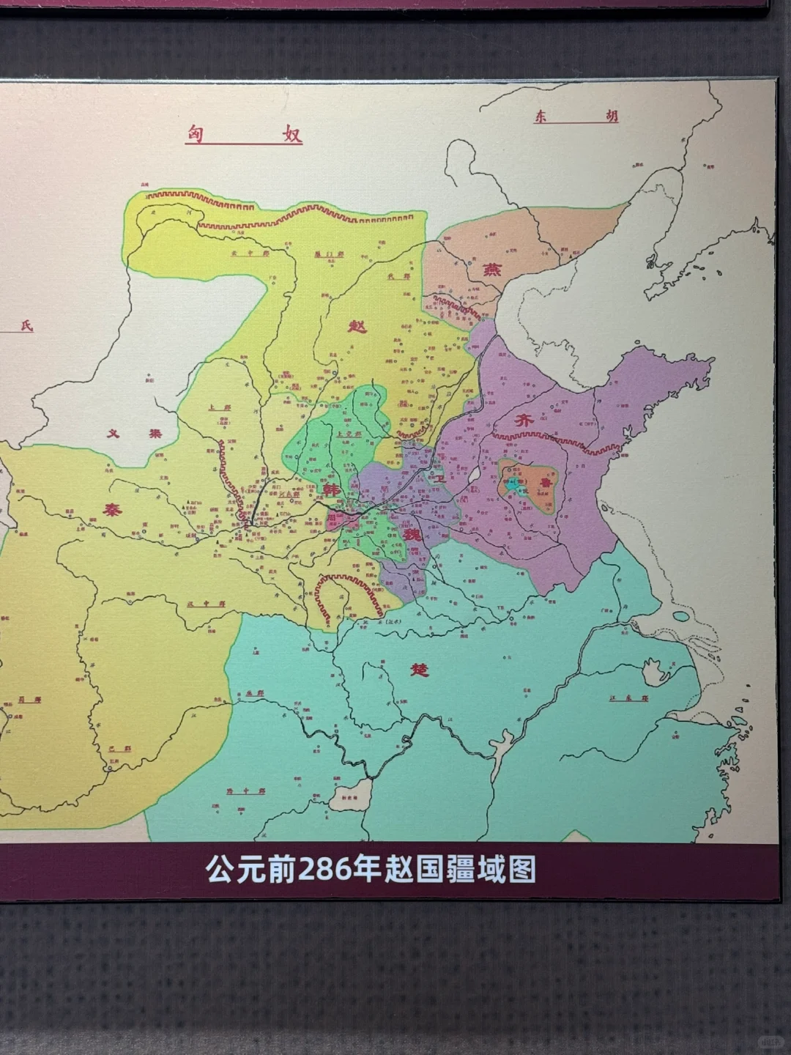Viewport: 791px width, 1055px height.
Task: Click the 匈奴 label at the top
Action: click(x=244, y=134)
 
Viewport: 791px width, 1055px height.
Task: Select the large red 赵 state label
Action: click(x=357, y=325)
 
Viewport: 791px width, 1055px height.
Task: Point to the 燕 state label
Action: click(x=489, y=270)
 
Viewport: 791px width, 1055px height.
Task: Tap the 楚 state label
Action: click(x=419, y=670)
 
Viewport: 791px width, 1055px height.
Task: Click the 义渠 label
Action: click(x=134, y=433)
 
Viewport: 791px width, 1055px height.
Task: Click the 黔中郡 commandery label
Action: click(x=239, y=791)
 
